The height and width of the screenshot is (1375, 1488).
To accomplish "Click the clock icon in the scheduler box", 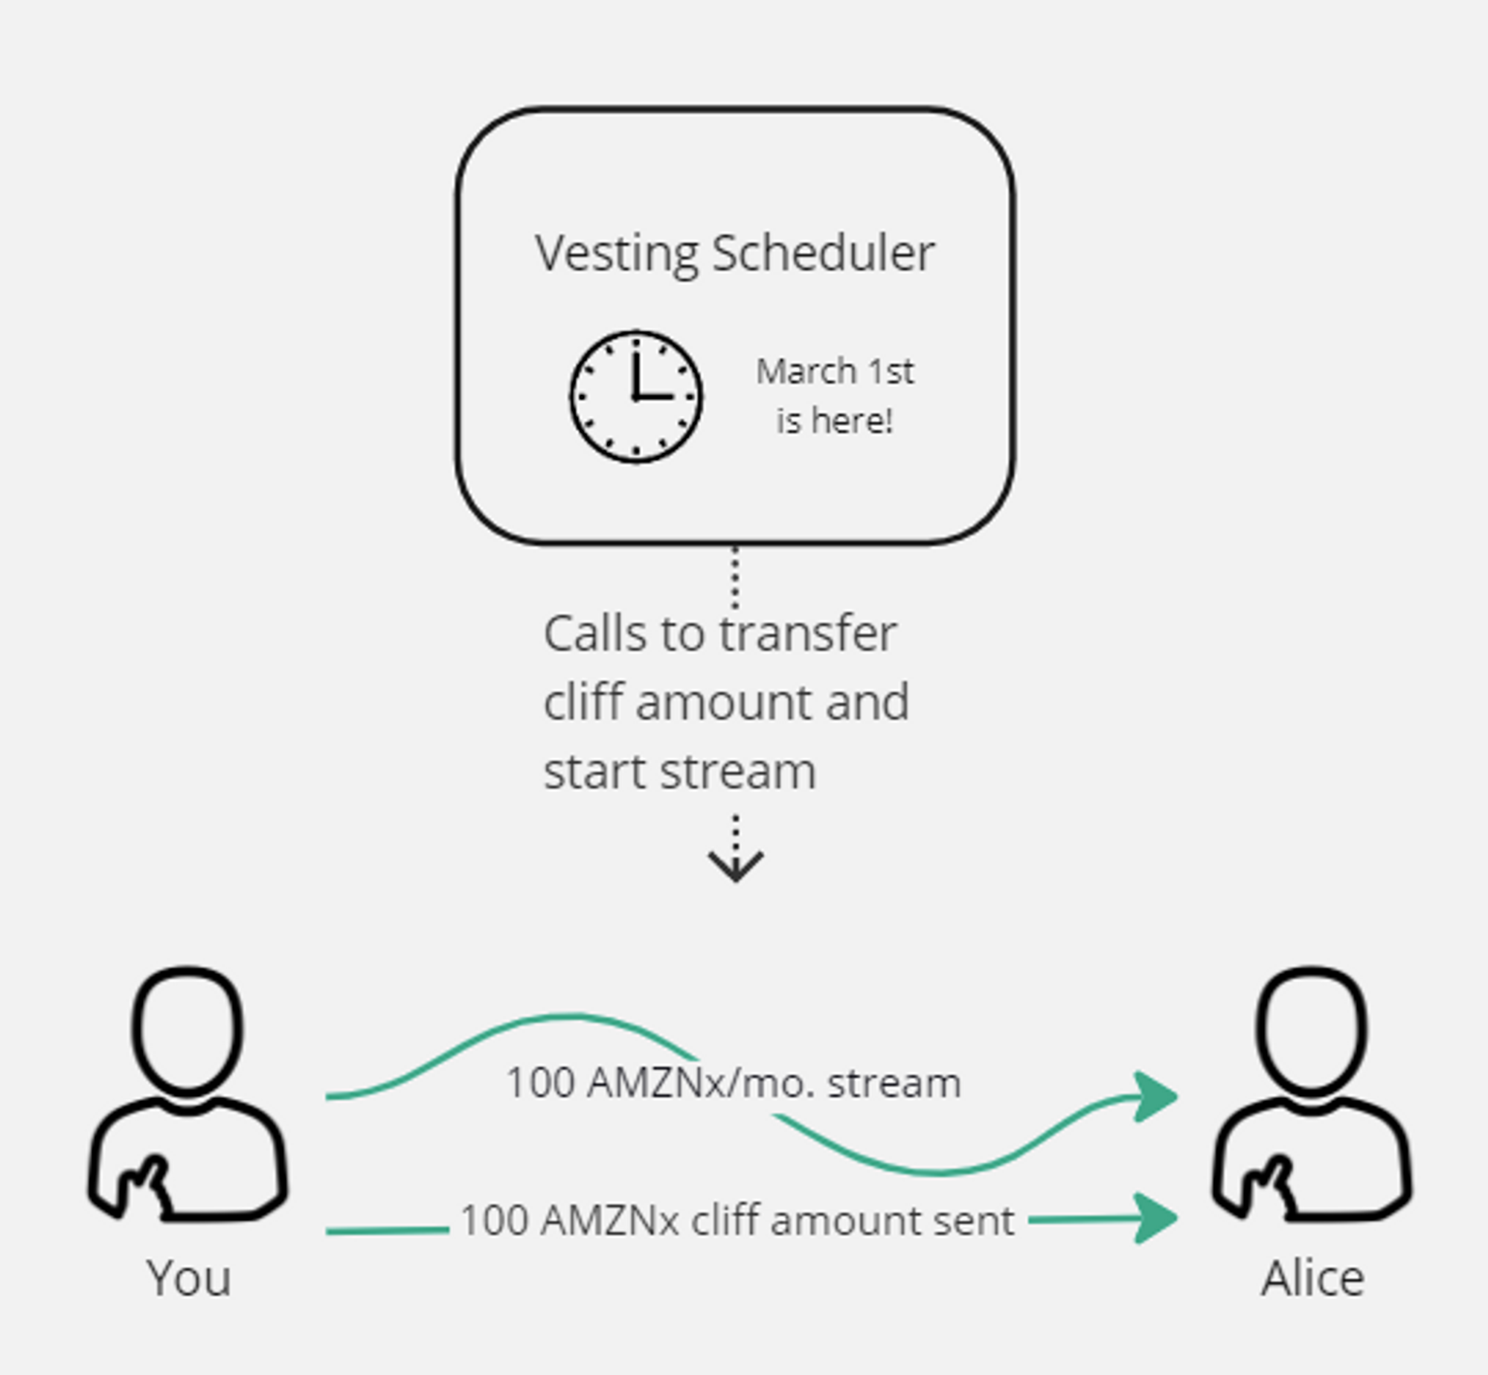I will pos(636,397).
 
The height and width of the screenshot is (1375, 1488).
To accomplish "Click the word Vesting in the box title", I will pos(617,254).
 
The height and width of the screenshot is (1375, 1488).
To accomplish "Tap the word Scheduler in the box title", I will pos(823,254).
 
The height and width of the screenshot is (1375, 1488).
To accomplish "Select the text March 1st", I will pos(835,371).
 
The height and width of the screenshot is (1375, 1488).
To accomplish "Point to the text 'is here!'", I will pos(835,421).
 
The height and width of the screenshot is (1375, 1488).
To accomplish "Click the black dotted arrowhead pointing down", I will pos(735,866).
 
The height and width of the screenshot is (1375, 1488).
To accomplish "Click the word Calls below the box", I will pos(594,635).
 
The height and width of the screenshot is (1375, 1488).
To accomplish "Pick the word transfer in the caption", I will pos(808,635).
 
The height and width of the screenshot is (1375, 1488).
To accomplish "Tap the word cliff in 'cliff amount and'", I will pos(584,702).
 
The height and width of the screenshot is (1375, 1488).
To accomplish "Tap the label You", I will pos(189,1279).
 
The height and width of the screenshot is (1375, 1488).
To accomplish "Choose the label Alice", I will pos(1312,1279).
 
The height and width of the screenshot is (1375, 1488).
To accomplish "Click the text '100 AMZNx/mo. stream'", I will pos(733,1083).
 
